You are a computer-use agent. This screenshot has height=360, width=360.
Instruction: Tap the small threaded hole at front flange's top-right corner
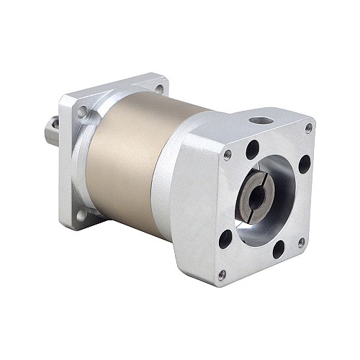[x=309, y=127]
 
